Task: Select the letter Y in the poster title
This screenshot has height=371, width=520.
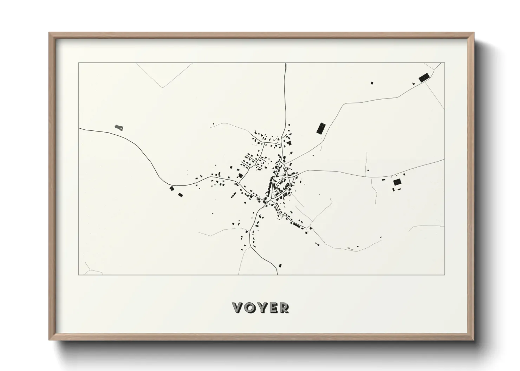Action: pyautogui.click(x=261, y=308)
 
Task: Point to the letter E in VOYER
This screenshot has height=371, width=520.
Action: pyautogui.click(x=272, y=308)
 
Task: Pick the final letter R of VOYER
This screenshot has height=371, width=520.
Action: pyautogui.click(x=284, y=308)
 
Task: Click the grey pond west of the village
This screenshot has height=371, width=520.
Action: pyautogui.click(x=119, y=127)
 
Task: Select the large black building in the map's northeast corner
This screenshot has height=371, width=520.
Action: pyautogui.click(x=424, y=77)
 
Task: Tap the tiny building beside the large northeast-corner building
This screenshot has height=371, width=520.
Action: pyautogui.click(x=414, y=83)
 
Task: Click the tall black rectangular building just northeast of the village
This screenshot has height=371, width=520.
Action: pyautogui.click(x=321, y=128)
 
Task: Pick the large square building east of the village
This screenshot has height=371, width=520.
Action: pyautogui.click(x=397, y=182)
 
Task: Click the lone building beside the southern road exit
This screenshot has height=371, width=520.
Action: pyautogui.click(x=280, y=265)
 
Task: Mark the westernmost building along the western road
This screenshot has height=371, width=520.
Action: pyautogui.click(x=171, y=188)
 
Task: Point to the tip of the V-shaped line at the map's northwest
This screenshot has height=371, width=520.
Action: pyautogui.click(x=162, y=87)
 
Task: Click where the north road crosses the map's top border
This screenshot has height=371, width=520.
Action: pyautogui.click(x=285, y=63)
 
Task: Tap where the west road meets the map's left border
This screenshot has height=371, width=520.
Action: pyautogui.click(x=79, y=128)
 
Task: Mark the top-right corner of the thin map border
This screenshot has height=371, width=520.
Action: pyautogui.click(x=444, y=63)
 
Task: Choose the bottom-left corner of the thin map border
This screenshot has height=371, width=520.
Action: pyautogui.click(x=78, y=275)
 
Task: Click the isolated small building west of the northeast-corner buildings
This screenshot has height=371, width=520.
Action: pyautogui.click(x=372, y=83)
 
